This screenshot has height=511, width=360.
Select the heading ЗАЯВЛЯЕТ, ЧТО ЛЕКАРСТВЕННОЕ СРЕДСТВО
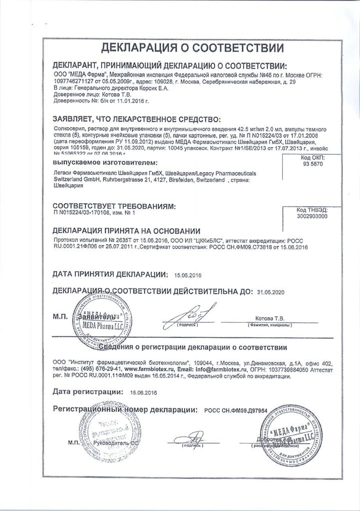pyautogui.click(x=136, y=119)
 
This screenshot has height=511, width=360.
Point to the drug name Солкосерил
pyautogui.click(x=70, y=128)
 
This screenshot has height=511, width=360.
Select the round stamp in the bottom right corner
pyautogui.click(x=290, y=431)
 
